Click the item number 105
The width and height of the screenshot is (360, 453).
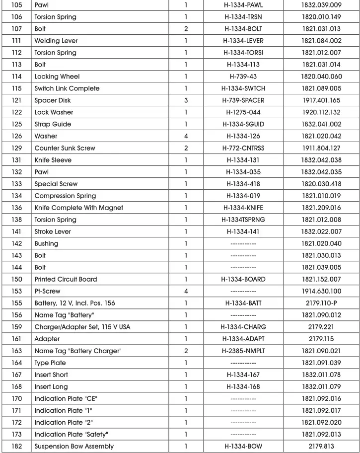[x=16, y=5]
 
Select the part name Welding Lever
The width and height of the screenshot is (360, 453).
[x=56, y=41]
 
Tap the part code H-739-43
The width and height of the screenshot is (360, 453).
[x=243, y=76]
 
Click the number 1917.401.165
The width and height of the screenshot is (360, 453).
[x=321, y=100]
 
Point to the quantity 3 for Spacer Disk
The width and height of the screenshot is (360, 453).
[x=186, y=100]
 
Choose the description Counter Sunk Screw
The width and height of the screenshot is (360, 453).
[x=65, y=148]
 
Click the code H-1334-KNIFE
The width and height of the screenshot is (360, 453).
[x=243, y=208]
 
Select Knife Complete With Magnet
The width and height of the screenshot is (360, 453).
[x=78, y=208]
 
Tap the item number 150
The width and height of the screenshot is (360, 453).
[x=16, y=279]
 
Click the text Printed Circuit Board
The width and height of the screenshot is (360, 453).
[x=66, y=279]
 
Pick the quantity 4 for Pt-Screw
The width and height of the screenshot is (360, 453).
[x=186, y=291]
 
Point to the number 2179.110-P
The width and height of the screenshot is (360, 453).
[x=321, y=303]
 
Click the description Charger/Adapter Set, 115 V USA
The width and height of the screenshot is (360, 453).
[x=82, y=327]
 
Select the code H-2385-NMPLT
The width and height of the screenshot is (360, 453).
[x=243, y=351]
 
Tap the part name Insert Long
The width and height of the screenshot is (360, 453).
[x=51, y=386]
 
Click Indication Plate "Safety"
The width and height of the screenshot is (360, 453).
[x=71, y=434]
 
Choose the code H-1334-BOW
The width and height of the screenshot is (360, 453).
[x=243, y=446]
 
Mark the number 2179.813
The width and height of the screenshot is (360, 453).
[x=321, y=446]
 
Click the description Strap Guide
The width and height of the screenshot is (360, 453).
[x=53, y=124]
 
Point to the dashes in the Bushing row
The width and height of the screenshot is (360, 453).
[x=243, y=243]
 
